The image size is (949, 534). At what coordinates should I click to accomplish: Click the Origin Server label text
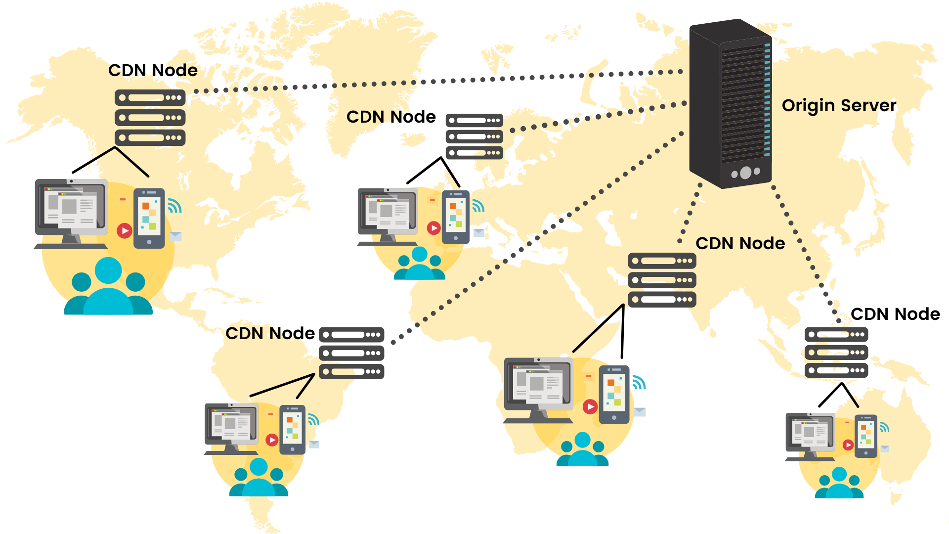coord(838,105)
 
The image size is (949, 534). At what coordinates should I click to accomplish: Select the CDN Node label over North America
coord(153,70)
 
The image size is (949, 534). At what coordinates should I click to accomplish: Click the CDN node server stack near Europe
coord(474,136)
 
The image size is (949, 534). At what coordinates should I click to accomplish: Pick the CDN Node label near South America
coord(270,333)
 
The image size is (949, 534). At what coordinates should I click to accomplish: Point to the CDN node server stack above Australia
coord(836,352)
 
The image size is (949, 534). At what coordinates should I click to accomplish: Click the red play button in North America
coord(124,230)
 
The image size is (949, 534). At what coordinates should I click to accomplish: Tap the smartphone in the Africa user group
coord(614,395)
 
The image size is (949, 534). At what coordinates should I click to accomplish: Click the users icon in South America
coord(259,479)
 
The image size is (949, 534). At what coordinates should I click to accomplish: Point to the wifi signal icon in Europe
coord(477,206)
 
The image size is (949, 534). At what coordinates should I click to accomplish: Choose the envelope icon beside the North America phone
coord(175,236)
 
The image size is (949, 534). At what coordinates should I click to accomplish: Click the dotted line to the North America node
coord(395,84)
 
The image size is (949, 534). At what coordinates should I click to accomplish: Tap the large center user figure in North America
coord(108,287)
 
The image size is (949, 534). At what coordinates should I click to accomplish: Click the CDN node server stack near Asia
coord(662,280)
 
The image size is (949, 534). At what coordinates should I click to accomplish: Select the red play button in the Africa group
coord(590,406)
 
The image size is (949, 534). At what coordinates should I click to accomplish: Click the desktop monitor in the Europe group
coord(388,214)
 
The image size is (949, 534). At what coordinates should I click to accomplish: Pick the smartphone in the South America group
coord(292,429)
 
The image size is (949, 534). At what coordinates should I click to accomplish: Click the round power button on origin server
coord(745,173)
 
